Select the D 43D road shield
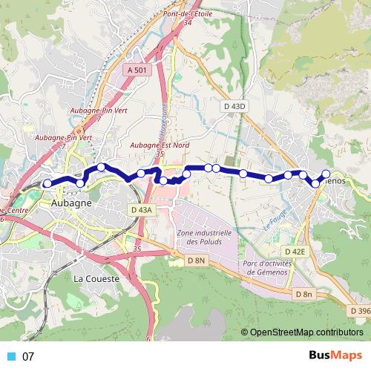[x=234, y=107]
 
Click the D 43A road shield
[x=141, y=210]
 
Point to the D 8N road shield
[x=196, y=260]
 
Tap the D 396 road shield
[x=360, y=310]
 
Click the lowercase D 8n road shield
[x=304, y=295]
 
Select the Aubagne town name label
[x=72, y=203]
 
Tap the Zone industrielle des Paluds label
[x=205, y=237]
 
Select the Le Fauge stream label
[x=274, y=219]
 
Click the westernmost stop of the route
[x=47, y=183]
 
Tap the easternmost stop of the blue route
[x=325, y=174]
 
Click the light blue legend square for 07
[x=11, y=356]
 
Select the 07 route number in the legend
[x=29, y=356]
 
